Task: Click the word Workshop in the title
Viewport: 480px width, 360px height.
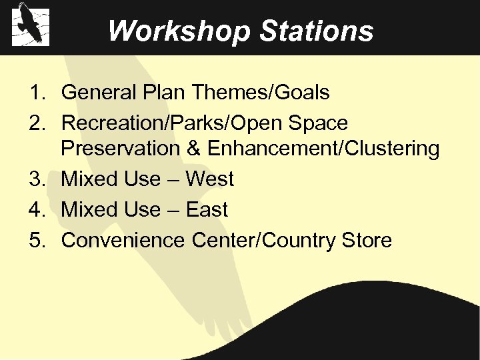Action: pos(177,31)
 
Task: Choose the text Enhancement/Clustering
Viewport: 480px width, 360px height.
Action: pos(323,149)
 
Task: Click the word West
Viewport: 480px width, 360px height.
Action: pos(210,179)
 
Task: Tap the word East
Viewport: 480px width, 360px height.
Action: pos(207,210)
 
